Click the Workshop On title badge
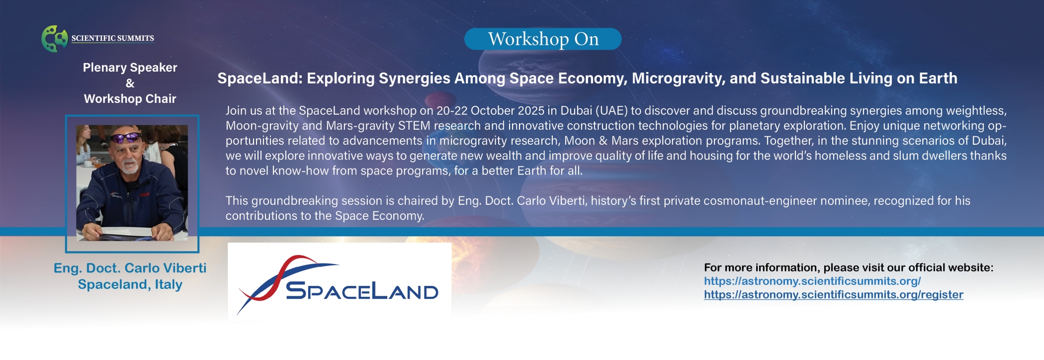click(543, 39)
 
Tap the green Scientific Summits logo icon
click(55, 38)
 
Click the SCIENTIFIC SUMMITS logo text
click(113, 38)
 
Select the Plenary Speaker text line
click(130, 68)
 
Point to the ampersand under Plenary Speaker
click(130, 83)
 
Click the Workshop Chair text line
click(130, 99)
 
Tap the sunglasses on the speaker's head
click(125, 137)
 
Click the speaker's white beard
click(130, 166)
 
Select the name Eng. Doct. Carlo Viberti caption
click(130, 268)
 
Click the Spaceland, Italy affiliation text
click(130, 284)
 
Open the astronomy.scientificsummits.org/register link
click(834, 294)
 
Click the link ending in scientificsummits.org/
click(812, 281)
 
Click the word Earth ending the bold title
click(938, 79)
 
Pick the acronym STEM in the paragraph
click(414, 126)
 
